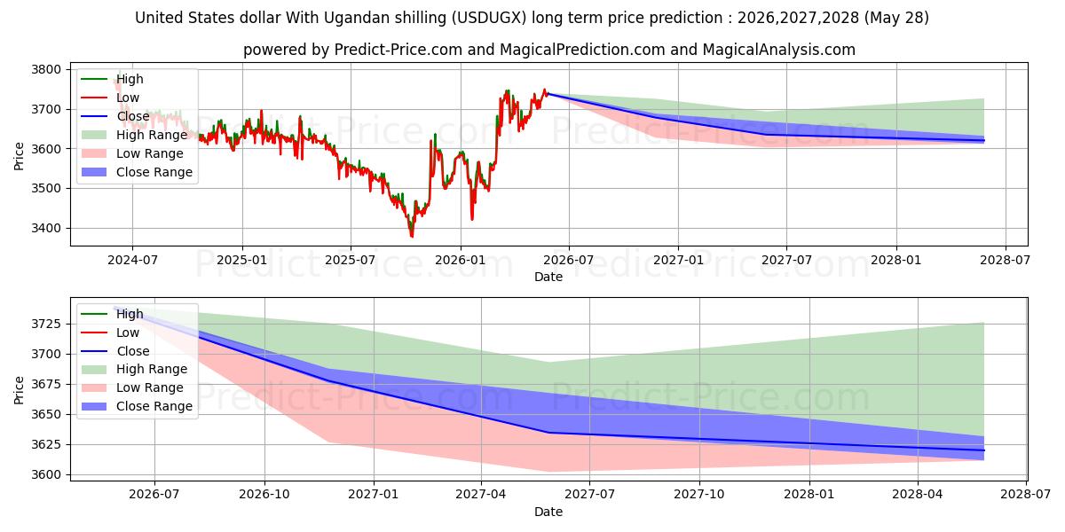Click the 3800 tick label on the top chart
pyautogui.click(x=46, y=69)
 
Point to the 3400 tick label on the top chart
pyautogui.click(x=46, y=228)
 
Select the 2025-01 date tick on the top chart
pyautogui.click(x=242, y=261)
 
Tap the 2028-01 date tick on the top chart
pyautogui.click(x=896, y=261)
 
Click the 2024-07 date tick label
pyautogui.click(x=132, y=261)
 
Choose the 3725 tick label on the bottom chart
pyautogui.click(x=46, y=324)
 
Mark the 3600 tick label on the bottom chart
pyautogui.click(x=46, y=474)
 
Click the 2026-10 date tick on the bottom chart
pyautogui.click(x=264, y=495)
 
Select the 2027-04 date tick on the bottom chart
pyautogui.click(x=481, y=495)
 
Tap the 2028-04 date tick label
pyautogui.click(x=917, y=495)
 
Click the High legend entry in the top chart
pyautogui.click(x=112, y=79)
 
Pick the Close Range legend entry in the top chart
pyautogui.click(x=137, y=172)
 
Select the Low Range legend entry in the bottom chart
pyautogui.click(x=132, y=387)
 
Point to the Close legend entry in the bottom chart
pyautogui.click(x=115, y=351)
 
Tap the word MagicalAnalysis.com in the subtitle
pyautogui.click(x=779, y=50)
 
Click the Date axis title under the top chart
pyautogui.click(x=548, y=277)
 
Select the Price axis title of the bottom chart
pyautogui.click(x=19, y=390)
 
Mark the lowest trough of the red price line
pyautogui.click(x=412, y=237)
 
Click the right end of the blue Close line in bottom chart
pyautogui.click(x=983, y=450)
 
